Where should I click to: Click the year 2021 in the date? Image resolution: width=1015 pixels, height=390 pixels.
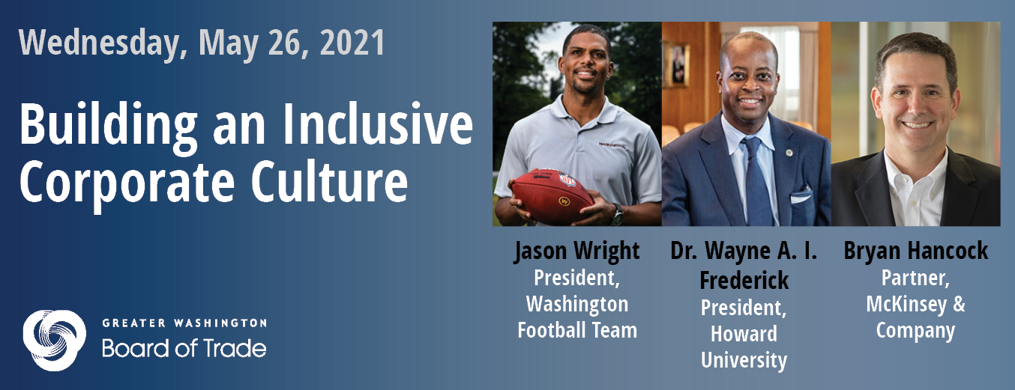pos(352,43)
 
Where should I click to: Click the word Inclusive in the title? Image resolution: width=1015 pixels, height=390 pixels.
pos(378,124)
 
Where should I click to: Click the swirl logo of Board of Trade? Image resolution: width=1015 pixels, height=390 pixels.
pos(55,341)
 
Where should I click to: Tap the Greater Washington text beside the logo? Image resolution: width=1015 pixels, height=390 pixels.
pos(184,323)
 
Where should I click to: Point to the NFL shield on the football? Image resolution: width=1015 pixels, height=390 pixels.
pos(567,180)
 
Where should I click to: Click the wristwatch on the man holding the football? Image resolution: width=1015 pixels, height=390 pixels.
pos(617,214)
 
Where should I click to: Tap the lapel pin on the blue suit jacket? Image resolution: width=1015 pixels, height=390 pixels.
pos(789,153)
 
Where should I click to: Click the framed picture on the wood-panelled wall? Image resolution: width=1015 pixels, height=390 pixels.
pos(678,64)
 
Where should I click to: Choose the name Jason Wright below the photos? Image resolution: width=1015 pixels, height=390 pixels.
pos(576,251)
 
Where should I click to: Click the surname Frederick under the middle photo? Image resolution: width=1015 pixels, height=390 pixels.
pos(744,281)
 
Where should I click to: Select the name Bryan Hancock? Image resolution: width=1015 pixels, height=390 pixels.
pos(916,251)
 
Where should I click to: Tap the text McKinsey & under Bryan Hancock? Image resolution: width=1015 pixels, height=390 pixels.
pos(916,304)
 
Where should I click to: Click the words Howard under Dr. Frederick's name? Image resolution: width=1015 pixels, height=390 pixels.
pos(744,334)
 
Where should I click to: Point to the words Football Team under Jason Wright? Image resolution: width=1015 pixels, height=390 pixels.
pos(577,330)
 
